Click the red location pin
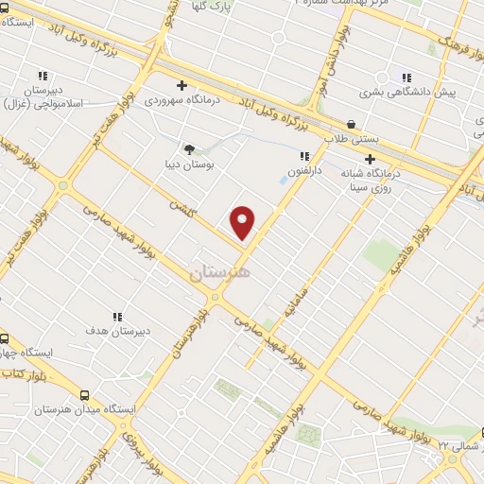pyautogui.click(x=243, y=222)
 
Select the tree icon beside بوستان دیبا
pyautogui.click(x=189, y=148)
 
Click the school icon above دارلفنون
pyautogui.click(x=303, y=157)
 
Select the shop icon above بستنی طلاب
pyautogui.click(x=352, y=124)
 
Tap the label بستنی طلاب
pyautogui.click(x=352, y=139)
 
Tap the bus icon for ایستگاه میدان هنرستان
pyautogui.click(x=85, y=396)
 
